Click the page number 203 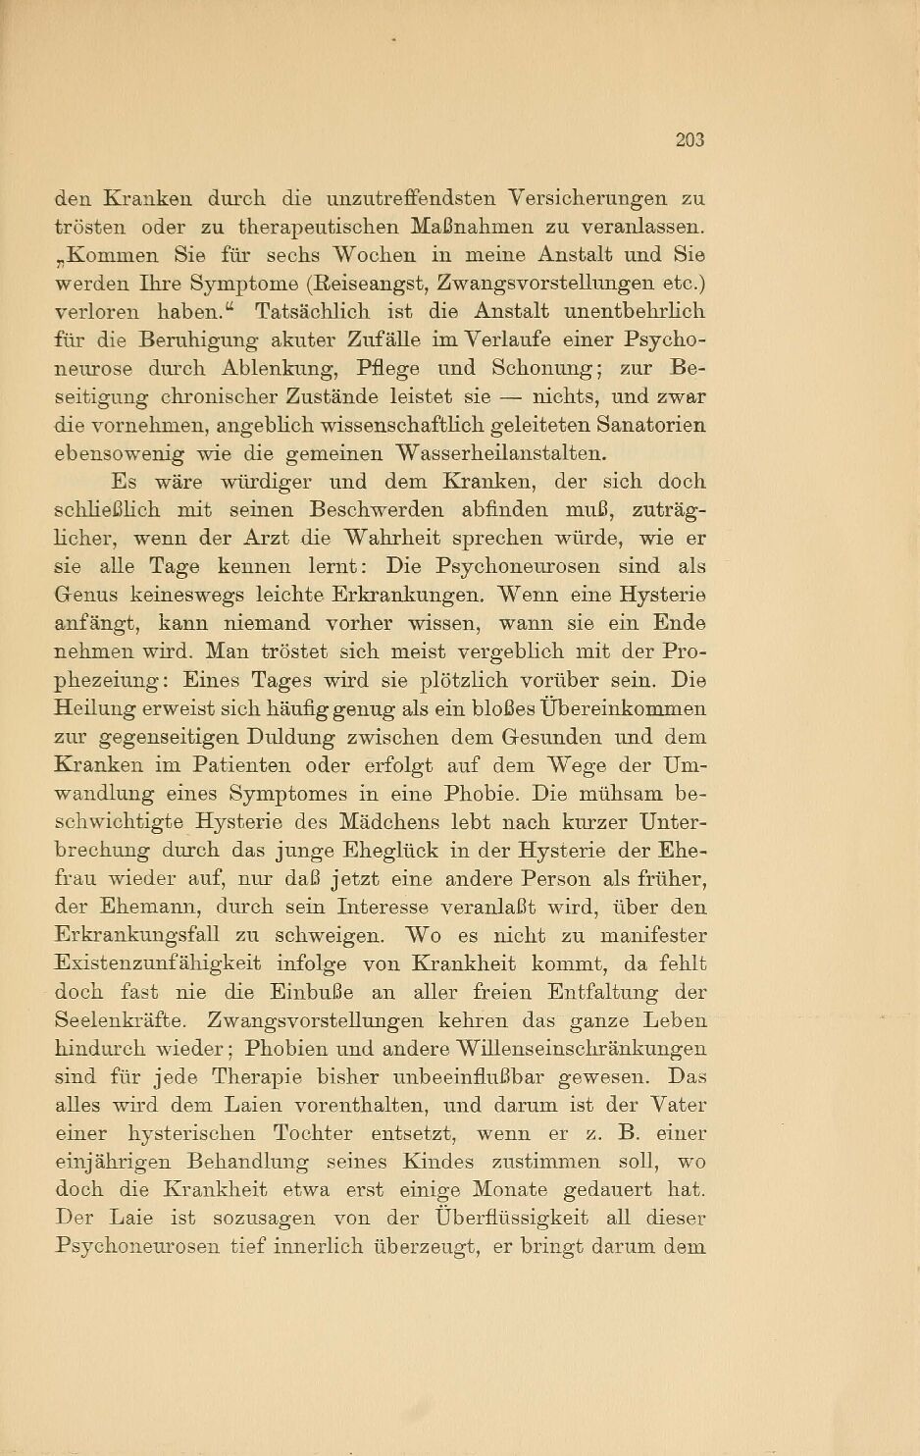(x=690, y=140)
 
